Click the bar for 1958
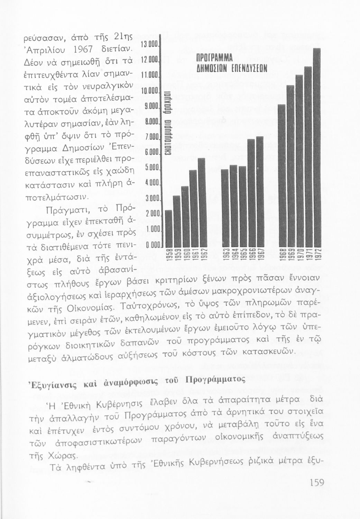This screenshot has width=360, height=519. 169,228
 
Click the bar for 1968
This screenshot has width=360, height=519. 282,175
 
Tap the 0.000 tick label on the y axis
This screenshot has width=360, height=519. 151,246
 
